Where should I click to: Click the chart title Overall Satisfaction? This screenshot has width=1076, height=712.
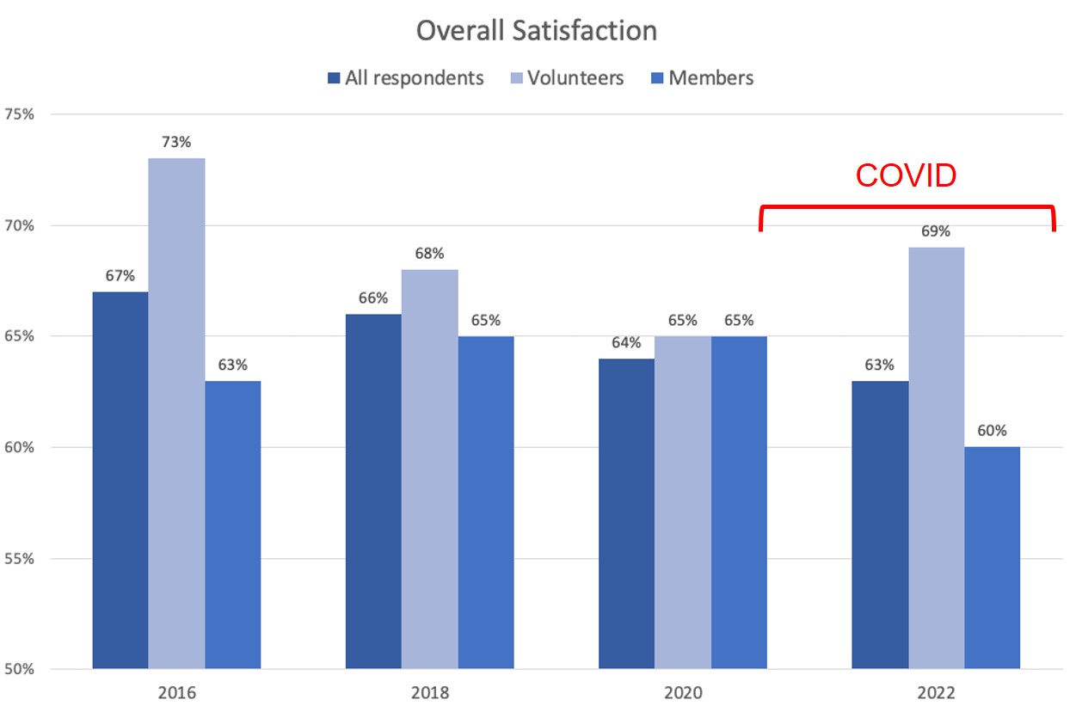pyautogui.click(x=537, y=31)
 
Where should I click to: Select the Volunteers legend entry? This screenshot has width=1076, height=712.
pyautogui.click(x=575, y=78)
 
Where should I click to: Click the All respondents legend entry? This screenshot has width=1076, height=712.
pyautogui.click(x=414, y=78)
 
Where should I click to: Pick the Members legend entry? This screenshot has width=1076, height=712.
pyautogui.click(x=710, y=78)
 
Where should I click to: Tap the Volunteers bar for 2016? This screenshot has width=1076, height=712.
pyautogui.click(x=176, y=413)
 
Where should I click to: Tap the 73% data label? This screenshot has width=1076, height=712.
pyautogui.click(x=176, y=142)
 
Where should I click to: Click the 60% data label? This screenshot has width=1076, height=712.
pyautogui.click(x=992, y=431)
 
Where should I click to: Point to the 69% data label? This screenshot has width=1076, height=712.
pyautogui.click(x=936, y=231)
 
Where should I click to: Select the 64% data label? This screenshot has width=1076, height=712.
pyautogui.click(x=626, y=342)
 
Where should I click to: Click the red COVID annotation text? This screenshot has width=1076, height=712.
pyautogui.click(x=906, y=175)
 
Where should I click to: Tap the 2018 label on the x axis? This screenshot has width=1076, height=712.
pyautogui.click(x=429, y=692)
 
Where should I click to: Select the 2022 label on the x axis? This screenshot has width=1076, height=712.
pyautogui.click(x=935, y=692)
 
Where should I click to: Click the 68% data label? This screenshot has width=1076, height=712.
pyautogui.click(x=429, y=254)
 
